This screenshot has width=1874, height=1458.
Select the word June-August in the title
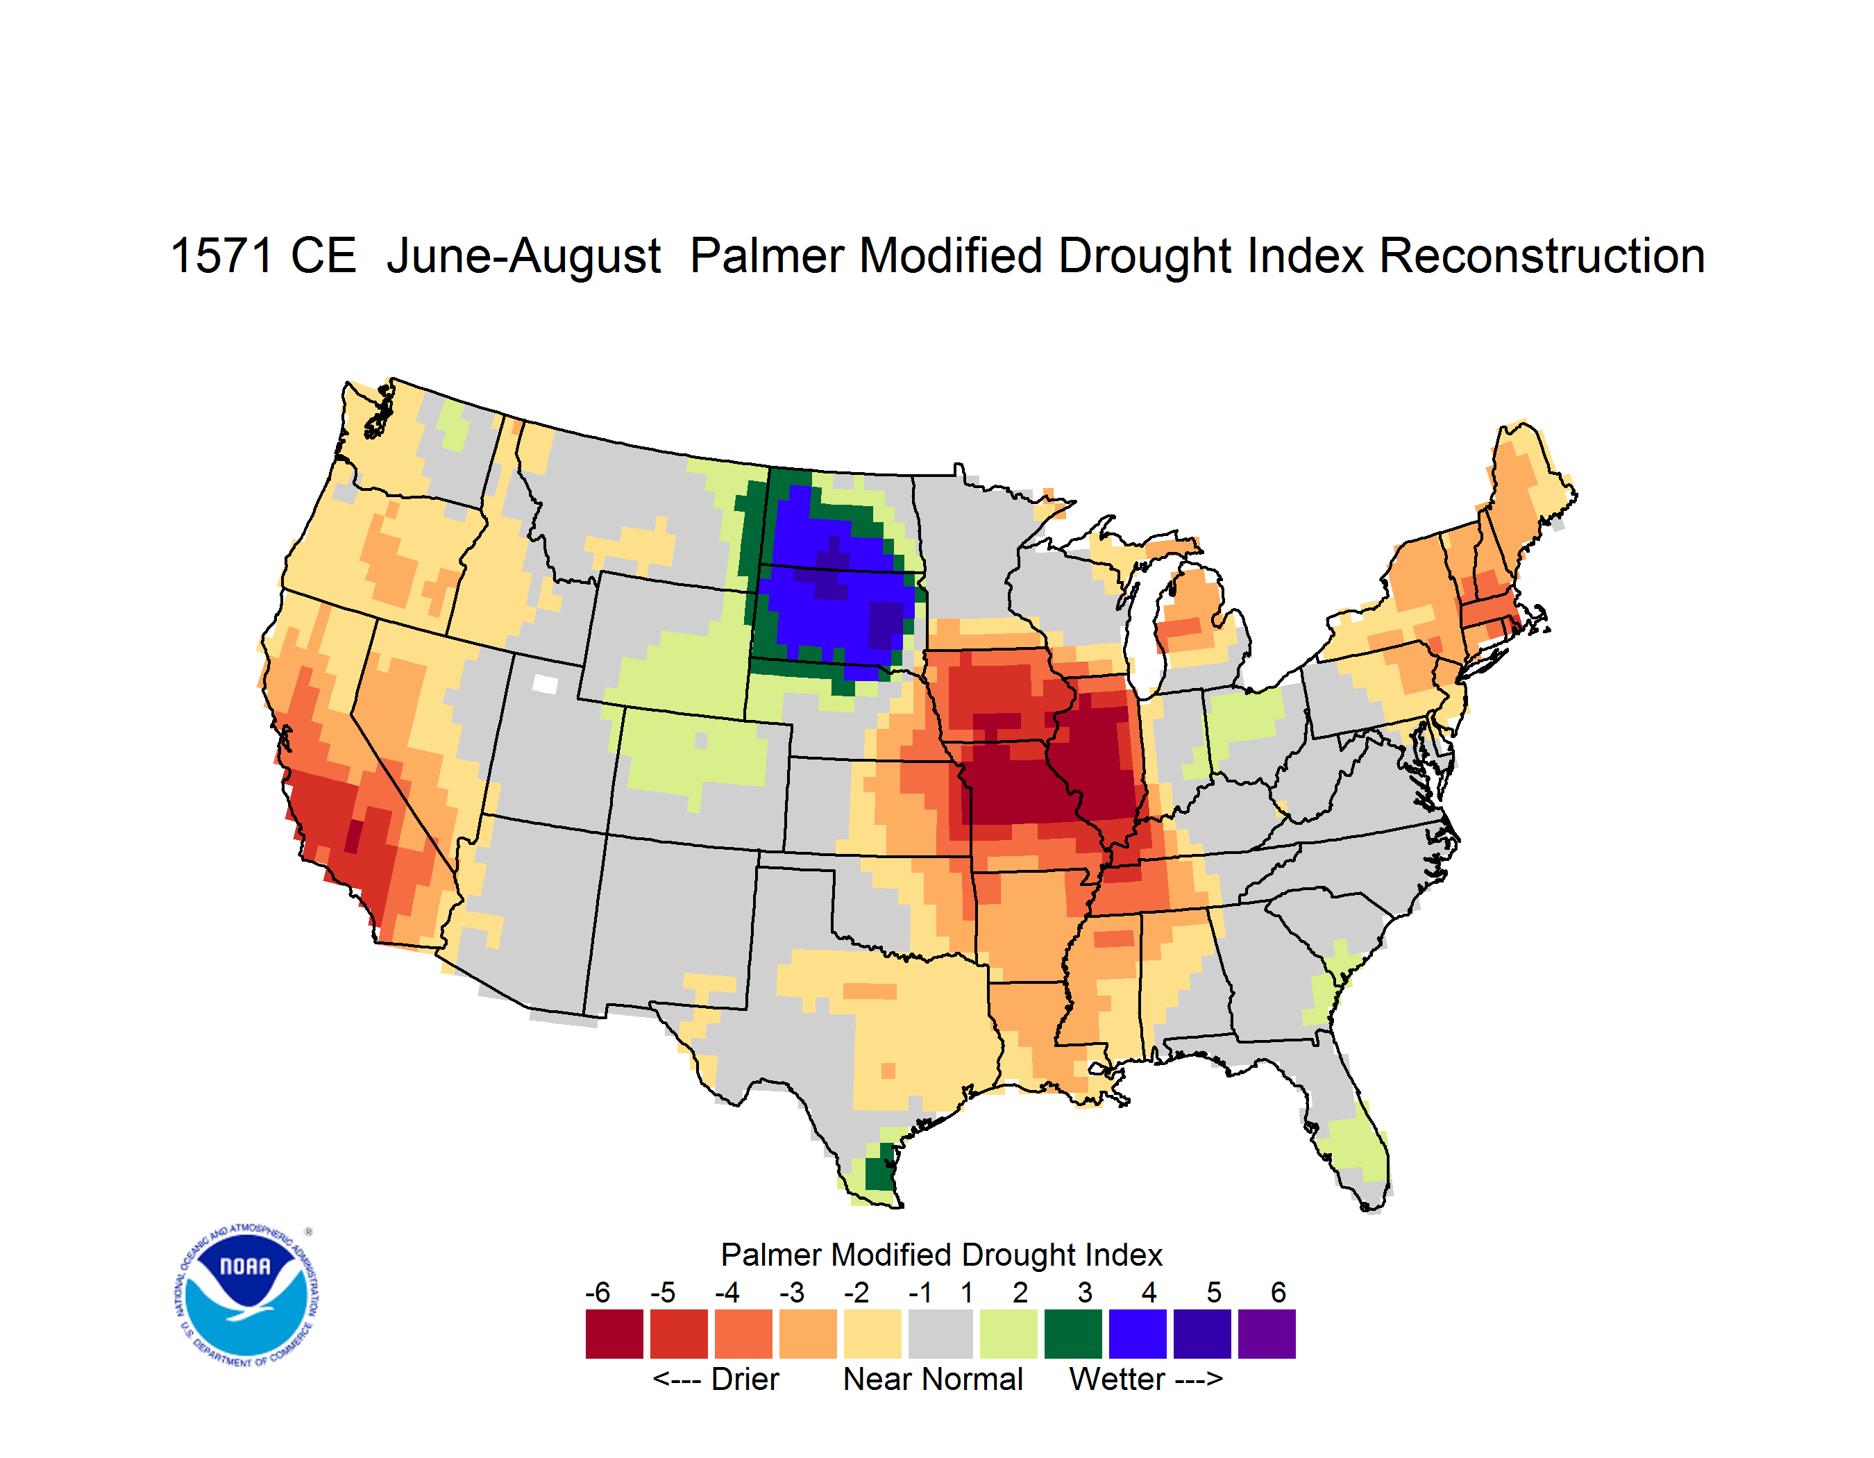523,258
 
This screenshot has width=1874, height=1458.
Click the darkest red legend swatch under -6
614,1334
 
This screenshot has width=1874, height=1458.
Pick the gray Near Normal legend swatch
940,1334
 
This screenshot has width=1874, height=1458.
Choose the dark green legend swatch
1072,1334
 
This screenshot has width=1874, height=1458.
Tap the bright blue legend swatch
1137,1334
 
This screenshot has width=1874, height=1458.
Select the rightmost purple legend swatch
1267,1334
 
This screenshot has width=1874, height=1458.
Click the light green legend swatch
1008,1334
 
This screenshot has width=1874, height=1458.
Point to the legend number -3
791,1292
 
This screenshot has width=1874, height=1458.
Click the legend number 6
1278,1292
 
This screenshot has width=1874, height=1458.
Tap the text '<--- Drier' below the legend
716,1379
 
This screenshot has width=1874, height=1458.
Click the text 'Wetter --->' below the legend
1145,1379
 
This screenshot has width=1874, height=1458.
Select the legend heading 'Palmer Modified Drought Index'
941,1255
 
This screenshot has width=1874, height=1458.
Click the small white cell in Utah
545,684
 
